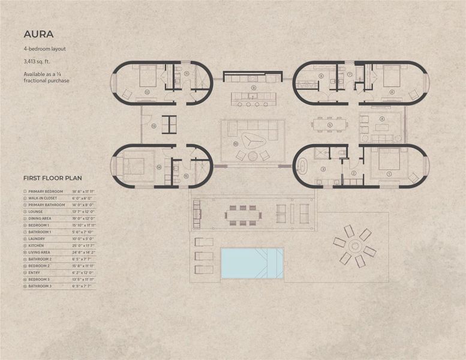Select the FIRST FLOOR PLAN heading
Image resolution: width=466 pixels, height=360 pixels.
53,178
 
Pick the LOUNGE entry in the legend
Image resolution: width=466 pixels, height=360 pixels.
37,211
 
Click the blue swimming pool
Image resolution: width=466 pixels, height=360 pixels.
251,263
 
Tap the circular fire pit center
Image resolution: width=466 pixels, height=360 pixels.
354,246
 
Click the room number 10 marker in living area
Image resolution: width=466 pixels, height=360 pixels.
236,143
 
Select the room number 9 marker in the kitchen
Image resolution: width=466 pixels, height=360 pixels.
254,88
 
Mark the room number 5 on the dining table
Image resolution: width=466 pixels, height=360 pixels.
330,125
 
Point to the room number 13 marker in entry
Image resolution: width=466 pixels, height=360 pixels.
154,126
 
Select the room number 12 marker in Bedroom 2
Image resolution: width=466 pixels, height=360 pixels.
146,92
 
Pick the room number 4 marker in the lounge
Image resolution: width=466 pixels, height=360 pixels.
381,118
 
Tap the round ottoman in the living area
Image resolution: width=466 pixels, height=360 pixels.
264,155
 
